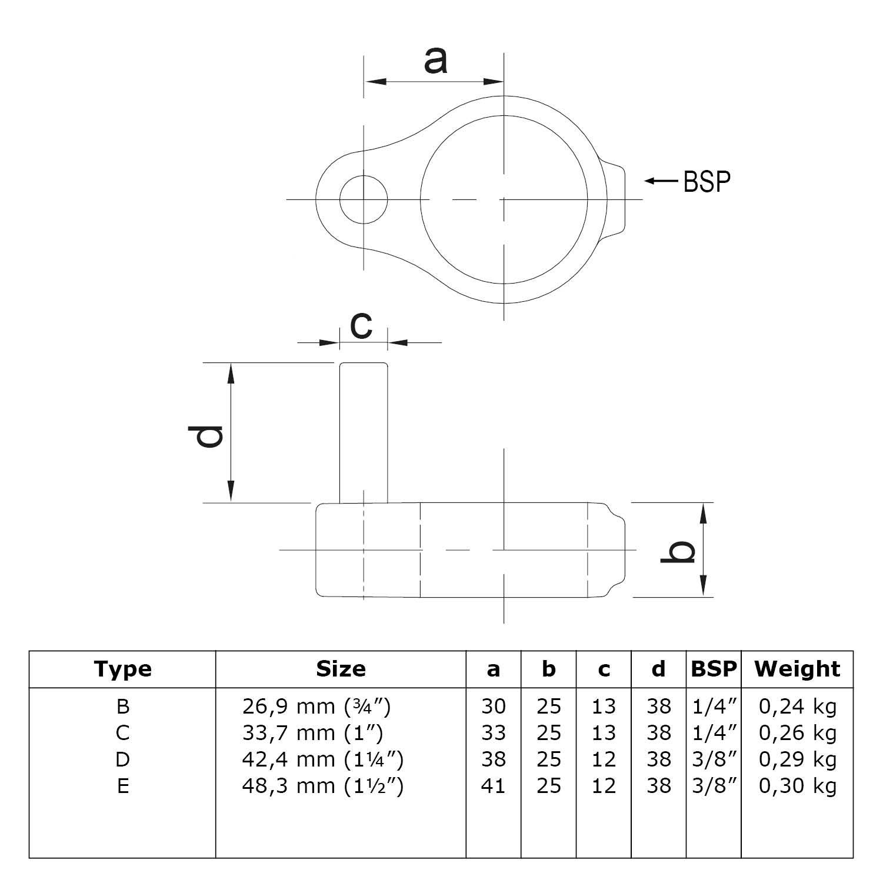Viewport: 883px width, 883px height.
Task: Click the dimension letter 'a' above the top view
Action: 435,61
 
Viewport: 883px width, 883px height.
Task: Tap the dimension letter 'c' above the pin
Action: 361,325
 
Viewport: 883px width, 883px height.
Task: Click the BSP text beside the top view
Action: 707,182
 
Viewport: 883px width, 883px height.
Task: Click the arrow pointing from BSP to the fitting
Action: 661,181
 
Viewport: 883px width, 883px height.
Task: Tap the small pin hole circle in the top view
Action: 364,199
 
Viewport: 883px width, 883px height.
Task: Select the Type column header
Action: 122,669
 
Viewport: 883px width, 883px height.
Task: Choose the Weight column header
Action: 797,669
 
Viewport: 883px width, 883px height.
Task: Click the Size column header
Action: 341,669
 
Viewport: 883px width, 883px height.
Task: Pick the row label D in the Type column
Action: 122,759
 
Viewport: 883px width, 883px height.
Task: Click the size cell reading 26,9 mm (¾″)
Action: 316,706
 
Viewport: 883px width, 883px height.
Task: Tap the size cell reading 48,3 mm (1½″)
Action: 322,786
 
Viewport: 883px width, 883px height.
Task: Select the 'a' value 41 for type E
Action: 493,786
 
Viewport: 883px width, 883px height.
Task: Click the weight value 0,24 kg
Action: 797,706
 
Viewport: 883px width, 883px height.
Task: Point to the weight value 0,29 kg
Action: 797,759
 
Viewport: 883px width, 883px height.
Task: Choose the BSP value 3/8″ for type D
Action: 714,759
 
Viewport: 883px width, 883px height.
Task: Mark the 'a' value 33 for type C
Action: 493,733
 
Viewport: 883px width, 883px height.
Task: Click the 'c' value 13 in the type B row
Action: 604,706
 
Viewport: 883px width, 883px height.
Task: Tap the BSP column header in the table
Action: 714,669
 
